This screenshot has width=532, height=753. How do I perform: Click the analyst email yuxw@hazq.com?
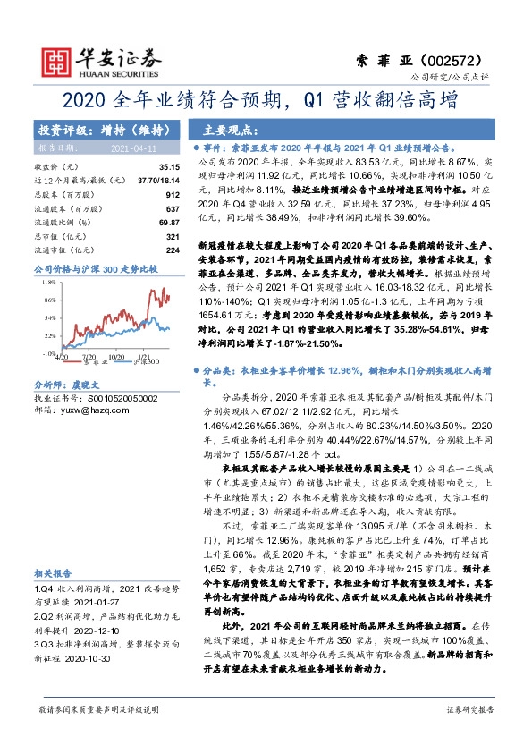94,409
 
